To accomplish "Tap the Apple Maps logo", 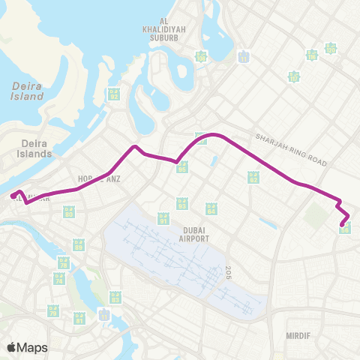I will (x=27, y=347).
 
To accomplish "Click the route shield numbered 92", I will (x=113, y=94).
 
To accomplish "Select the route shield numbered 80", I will (x=69, y=213).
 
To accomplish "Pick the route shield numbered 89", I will (x=78, y=244).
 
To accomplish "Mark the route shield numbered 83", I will (x=115, y=297).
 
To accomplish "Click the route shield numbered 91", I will (x=163, y=219).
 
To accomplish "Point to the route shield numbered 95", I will (x=183, y=168).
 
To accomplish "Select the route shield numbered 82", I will (x=253, y=177).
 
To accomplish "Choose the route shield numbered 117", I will (x=294, y=76).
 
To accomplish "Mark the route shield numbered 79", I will (x=52, y=310).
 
